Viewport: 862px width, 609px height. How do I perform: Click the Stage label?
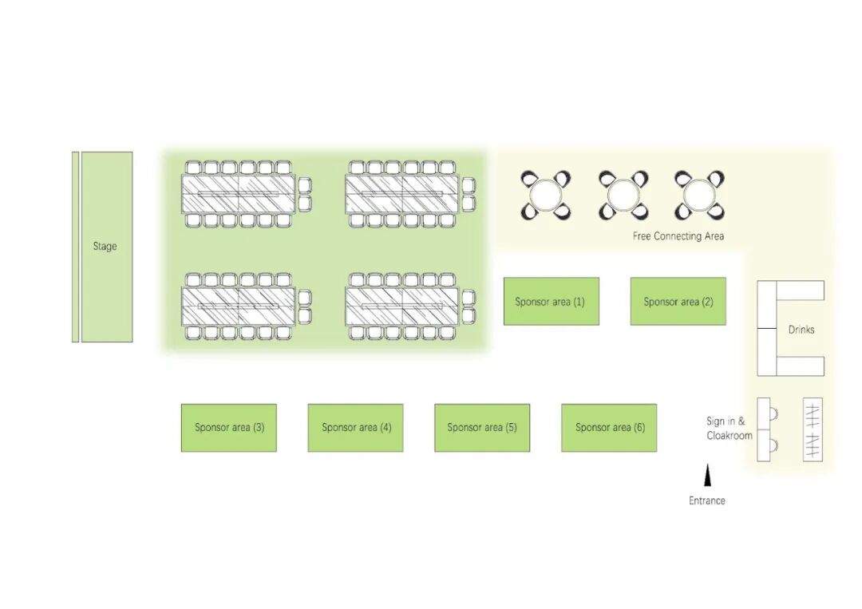click(x=105, y=247)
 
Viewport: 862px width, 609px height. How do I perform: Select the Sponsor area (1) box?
click(x=551, y=302)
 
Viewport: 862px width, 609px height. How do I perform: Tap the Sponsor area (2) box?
click(x=678, y=302)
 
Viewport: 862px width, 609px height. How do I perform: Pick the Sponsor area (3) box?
click(x=229, y=428)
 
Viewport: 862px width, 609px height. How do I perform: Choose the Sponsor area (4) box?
click(x=356, y=428)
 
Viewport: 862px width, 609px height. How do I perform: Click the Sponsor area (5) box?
click(x=482, y=428)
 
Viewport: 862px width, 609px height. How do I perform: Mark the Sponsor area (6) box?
click(x=609, y=428)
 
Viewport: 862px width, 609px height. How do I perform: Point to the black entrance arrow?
click(x=707, y=477)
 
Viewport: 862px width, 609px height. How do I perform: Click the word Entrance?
click(x=707, y=500)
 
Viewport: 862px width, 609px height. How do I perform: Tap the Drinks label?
click(x=801, y=330)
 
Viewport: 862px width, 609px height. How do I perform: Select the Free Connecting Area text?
click(x=678, y=236)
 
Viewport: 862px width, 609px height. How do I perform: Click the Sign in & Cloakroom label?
click(x=728, y=429)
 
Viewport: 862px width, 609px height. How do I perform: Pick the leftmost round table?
click(x=546, y=195)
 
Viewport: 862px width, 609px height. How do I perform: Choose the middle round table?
click(x=623, y=195)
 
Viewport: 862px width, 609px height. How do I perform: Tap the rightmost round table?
click(x=699, y=195)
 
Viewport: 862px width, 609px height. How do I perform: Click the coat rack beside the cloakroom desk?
click(x=813, y=429)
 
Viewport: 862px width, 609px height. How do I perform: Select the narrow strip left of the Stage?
click(x=75, y=247)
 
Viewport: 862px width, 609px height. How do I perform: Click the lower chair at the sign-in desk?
click(x=774, y=445)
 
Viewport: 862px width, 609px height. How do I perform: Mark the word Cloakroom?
click(x=730, y=436)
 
